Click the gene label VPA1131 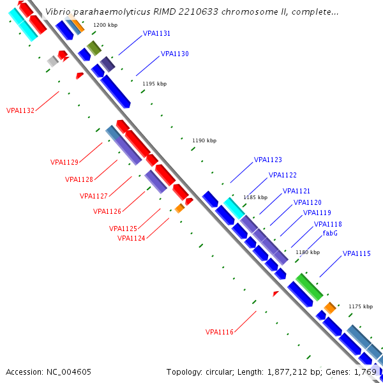coord(156,33)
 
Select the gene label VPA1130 coord(175,54)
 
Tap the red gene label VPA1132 coord(20,110)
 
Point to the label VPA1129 coord(64,162)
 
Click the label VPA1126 coord(107,211)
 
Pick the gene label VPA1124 coord(131,238)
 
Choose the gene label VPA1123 coord(268,160)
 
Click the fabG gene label coord(330,234)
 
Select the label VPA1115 coord(357,254)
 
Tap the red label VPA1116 coord(219,332)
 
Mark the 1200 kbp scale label coord(105,25)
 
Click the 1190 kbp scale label coord(204,140)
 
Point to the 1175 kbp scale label coord(361,307)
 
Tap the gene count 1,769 coord(367,372)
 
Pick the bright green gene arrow coord(309,287)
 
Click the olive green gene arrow coord(94,48)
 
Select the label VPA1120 coord(308,203)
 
